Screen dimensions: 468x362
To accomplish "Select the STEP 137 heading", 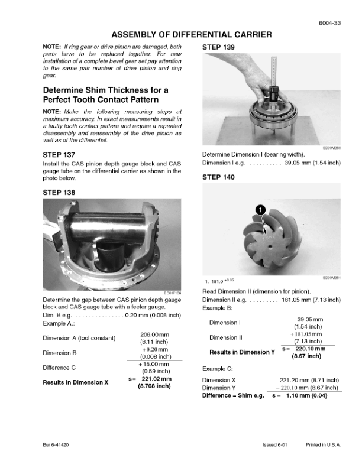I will point(60,155).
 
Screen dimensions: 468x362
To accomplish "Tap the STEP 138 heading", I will point(60,193).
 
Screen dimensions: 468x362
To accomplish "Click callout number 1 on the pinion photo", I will point(259,209).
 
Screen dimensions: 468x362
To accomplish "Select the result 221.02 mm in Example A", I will point(156,379).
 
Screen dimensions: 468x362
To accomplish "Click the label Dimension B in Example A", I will point(60,353).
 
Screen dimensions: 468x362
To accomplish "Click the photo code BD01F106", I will point(172,292).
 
